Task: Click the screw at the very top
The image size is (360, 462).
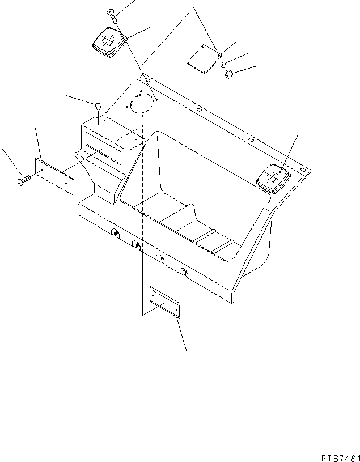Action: [112, 15]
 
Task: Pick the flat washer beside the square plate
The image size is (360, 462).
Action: [225, 63]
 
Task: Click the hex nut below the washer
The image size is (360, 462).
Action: [230, 74]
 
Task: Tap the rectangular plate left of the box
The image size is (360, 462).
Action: [56, 176]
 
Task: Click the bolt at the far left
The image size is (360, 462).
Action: [23, 180]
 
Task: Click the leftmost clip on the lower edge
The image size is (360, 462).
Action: [115, 233]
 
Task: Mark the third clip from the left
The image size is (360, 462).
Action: [160, 260]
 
